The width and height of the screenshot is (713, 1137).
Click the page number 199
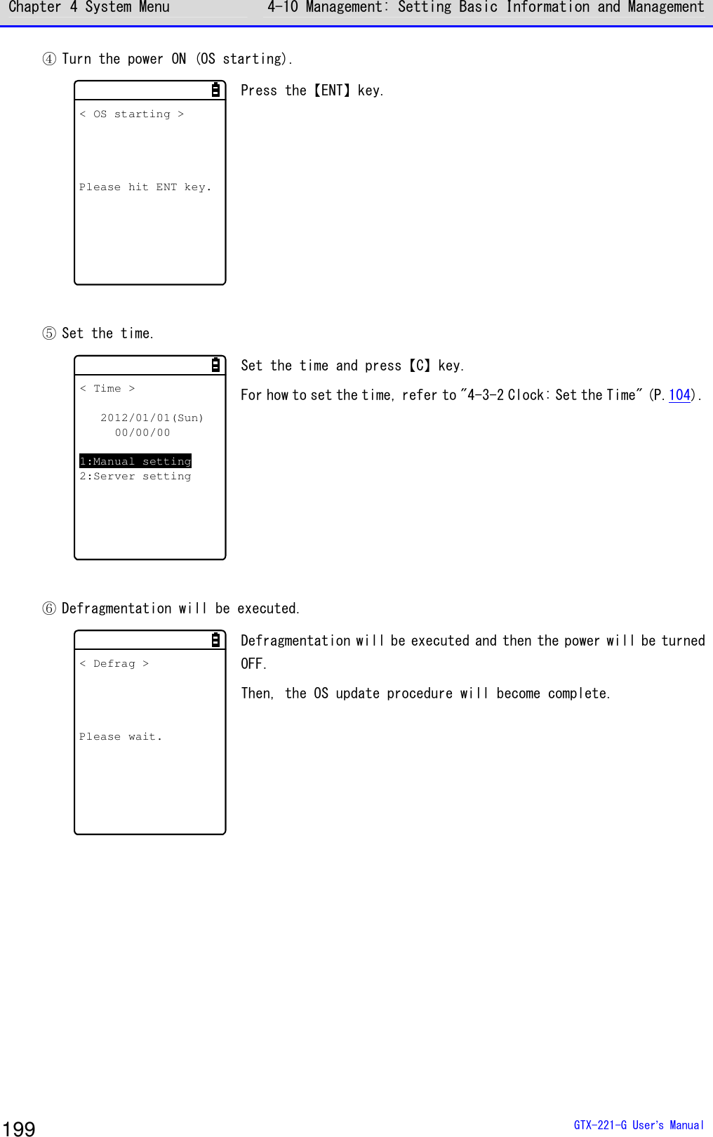click(x=19, y=1127)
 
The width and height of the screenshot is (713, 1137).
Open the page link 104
click(x=679, y=395)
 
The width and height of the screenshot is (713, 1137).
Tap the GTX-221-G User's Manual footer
click(x=638, y=1125)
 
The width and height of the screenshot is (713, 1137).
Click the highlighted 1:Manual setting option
click(x=135, y=461)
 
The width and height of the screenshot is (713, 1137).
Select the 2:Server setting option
click(x=135, y=477)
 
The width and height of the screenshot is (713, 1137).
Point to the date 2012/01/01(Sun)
click(x=152, y=418)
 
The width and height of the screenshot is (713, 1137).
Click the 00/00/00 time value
click(x=142, y=433)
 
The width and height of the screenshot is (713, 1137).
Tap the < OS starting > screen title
click(x=132, y=114)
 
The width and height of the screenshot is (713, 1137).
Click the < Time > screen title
click(x=107, y=389)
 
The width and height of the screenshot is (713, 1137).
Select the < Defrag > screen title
click(x=114, y=664)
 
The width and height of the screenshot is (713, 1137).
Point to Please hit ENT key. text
click(x=145, y=187)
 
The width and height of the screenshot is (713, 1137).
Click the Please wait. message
click(x=121, y=737)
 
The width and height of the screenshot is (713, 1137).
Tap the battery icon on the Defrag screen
click(x=215, y=640)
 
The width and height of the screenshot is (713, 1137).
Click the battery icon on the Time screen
click(x=215, y=365)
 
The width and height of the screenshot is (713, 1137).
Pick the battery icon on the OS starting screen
click(x=215, y=90)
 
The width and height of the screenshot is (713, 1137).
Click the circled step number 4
click(x=49, y=59)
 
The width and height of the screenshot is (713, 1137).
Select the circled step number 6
click(x=49, y=609)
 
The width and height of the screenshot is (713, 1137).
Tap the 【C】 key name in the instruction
click(x=420, y=366)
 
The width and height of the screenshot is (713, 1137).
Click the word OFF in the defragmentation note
click(x=252, y=664)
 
